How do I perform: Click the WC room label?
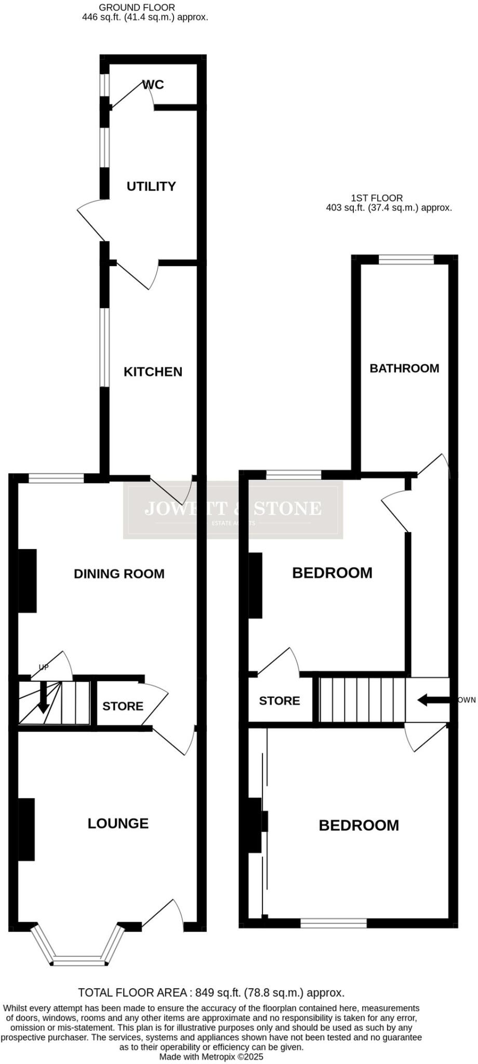(153, 85)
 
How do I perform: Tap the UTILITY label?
(151, 186)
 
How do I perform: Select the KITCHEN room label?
(153, 371)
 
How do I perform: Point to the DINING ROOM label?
(119, 574)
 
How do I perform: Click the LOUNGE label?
(118, 823)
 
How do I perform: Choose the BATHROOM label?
(404, 368)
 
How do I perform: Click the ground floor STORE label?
(123, 706)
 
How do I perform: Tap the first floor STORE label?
(280, 700)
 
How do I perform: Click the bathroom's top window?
(406, 259)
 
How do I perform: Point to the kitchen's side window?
(105, 348)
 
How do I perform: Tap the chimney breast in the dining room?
(28, 580)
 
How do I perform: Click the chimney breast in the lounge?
(26, 829)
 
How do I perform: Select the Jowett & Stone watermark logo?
(233, 510)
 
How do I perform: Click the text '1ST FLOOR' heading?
(377, 198)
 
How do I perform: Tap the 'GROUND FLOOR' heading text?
(137, 7)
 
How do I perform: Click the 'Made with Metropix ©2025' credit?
(211, 1056)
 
